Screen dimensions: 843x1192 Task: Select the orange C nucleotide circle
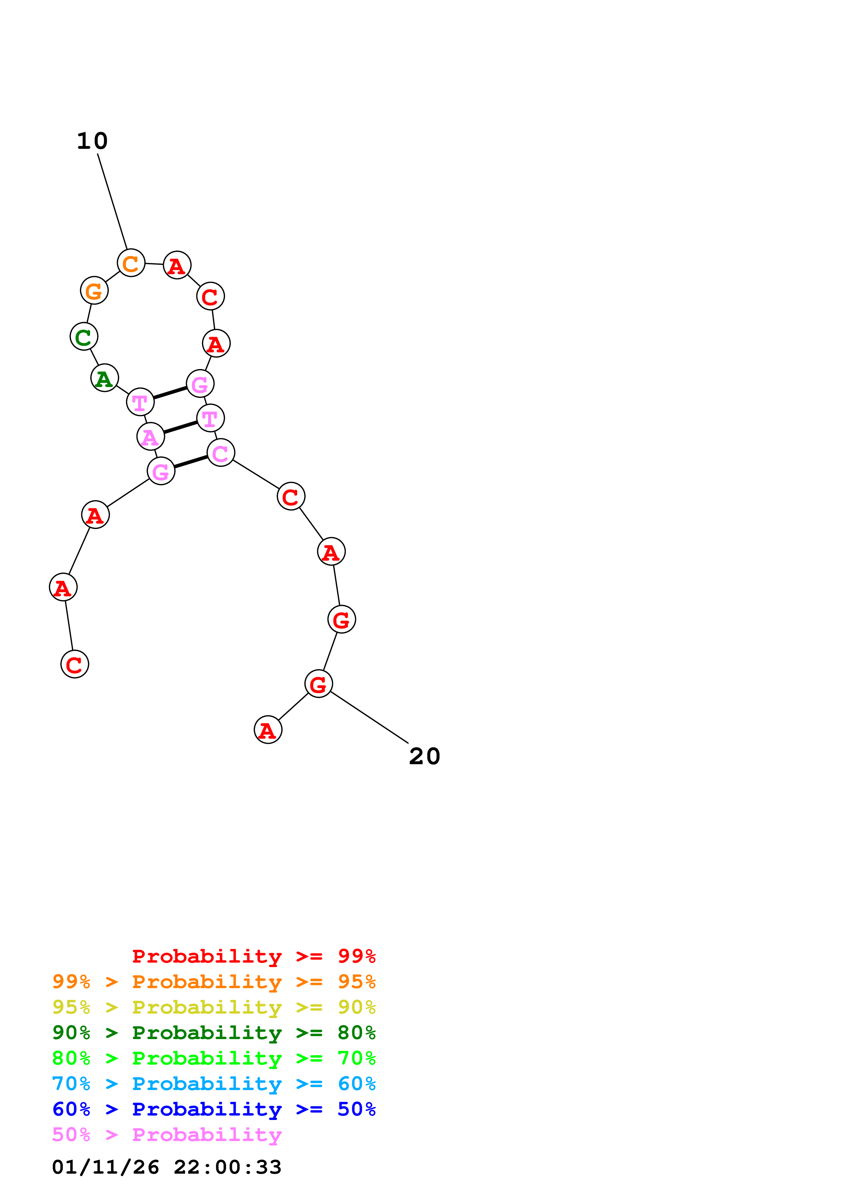tap(131, 263)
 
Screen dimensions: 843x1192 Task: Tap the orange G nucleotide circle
tap(94, 291)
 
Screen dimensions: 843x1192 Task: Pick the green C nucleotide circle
tap(84, 336)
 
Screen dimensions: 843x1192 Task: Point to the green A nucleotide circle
tap(104, 378)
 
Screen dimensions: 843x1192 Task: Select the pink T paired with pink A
tap(210, 418)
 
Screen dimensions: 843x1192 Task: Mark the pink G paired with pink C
tap(161, 471)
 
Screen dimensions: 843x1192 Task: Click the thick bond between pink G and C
tap(191, 462)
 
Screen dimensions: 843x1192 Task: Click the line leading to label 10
tap(112, 201)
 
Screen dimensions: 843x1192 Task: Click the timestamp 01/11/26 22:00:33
tap(166, 1167)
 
